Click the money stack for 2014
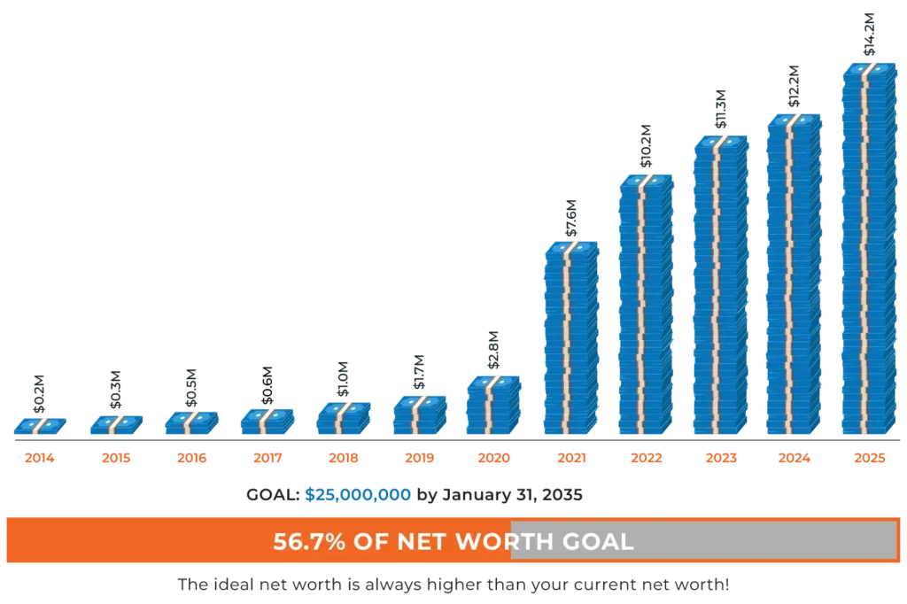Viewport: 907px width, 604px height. point(40,428)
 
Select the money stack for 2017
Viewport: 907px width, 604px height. point(267,421)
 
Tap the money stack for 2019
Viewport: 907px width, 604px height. point(420,414)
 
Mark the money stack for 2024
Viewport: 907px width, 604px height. point(795,275)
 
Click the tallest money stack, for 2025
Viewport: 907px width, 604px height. point(869,248)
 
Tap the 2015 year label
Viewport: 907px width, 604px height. point(115,459)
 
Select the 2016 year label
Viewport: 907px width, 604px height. point(191,459)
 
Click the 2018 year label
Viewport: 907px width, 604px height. point(343,459)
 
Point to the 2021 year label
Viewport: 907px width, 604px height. point(570,459)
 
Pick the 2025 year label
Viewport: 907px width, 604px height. point(868,459)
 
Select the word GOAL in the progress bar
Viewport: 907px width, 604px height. point(602,541)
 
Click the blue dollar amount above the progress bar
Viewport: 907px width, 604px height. point(357,494)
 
